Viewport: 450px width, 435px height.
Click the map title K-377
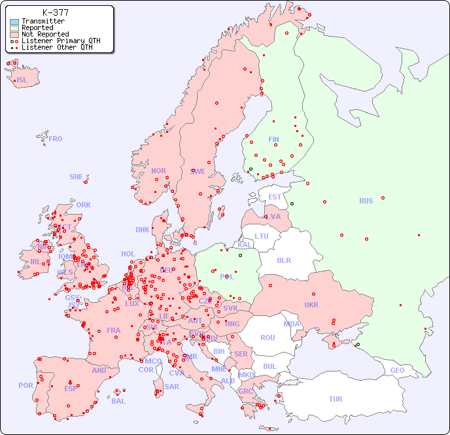click(x=55, y=12)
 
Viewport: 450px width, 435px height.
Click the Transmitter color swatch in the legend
click(x=14, y=22)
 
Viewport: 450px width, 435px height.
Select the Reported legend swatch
click(x=14, y=28)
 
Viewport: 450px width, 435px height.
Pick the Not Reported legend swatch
click(x=14, y=35)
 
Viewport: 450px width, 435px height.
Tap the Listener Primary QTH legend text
click(x=61, y=41)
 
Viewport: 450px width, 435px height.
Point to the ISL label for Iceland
click(x=22, y=80)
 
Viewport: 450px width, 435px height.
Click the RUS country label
click(x=366, y=201)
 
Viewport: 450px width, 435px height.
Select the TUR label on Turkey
click(x=336, y=399)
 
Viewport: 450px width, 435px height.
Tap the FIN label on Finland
click(x=273, y=139)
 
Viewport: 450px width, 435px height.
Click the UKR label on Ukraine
click(x=311, y=305)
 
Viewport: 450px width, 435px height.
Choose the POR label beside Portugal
click(x=26, y=385)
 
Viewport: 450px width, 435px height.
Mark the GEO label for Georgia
click(x=397, y=370)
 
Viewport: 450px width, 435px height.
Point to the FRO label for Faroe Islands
click(x=56, y=139)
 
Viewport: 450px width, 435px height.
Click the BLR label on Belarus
click(x=283, y=260)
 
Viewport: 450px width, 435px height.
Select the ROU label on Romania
click(x=268, y=338)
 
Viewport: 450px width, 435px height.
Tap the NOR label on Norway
click(x=158, y=171)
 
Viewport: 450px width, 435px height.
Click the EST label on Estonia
click(x=275, y=197)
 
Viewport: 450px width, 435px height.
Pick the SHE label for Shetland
click(x=76, y=177)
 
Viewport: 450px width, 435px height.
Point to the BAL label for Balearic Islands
click(x=118, y=401)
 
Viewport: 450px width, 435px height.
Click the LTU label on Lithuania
click(x=262, y=236)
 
